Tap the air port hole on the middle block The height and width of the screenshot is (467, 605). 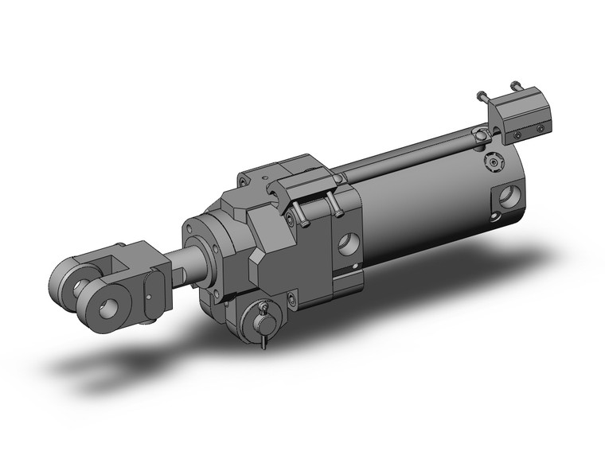(x=347, y=243)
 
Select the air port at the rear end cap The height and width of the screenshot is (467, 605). (x=509, y=196)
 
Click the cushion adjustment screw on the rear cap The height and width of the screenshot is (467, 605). (x=496, y=163)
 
